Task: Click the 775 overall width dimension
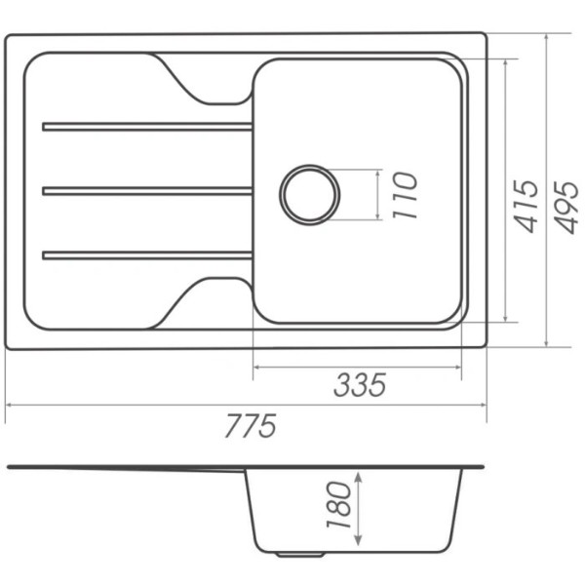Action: [x=251, y=425]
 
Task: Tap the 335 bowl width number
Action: [x=360, y=385]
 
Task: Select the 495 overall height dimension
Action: [x=565, y=208]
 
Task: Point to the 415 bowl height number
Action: [x=526, y=207]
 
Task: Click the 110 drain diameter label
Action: [x=405, y=195]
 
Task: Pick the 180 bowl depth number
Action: [x=338, y=505]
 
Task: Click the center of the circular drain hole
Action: [x=309, y=195]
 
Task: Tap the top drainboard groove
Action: [x=147, y=127]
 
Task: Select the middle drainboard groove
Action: [x=147, y=191]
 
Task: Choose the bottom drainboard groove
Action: [x=147, y=255]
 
